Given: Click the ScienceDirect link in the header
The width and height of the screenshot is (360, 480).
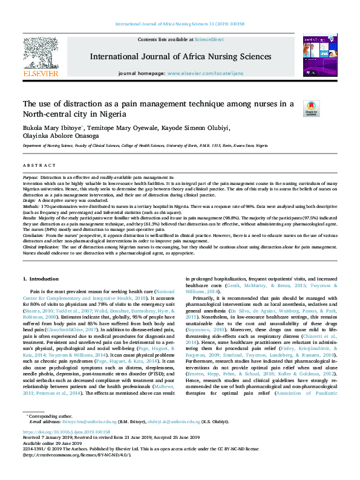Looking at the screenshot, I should point(209,39).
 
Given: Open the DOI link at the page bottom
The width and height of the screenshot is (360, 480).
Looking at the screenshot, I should point(66,432).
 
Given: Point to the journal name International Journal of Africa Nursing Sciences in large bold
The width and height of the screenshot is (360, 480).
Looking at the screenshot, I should point(181,56).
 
